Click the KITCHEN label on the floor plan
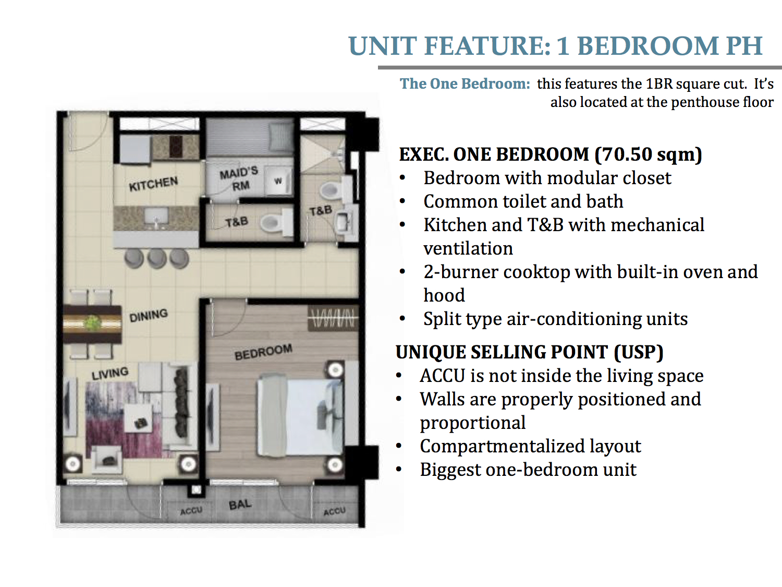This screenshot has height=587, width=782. pyautogui.click(x=153, y=184)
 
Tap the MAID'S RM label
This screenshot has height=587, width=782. pyautogui.click(x=239, y=179)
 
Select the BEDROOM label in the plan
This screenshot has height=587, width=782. pyautogui.click(x=263, y=352)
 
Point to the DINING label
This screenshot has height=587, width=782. pyautogui.click(x=148, y=316)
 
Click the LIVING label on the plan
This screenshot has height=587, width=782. pyautogui.click(x=109, y=374)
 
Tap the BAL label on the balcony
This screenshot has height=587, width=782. pyautogui.click(x=240, y=505)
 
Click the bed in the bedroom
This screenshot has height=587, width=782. pyautogui.click(x=300, y=415)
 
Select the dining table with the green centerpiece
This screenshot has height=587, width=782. pyautogui.click(x=93, y=324)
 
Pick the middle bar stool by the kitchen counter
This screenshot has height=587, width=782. pyautogui.click(x=157, y=258)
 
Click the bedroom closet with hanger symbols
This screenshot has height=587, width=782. pyautogui.click(x=333, y=318)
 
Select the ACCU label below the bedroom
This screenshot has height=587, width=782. pyautogui.click(x=335, y=512)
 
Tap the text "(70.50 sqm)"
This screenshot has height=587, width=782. pyautogui.click(x=649, y=154)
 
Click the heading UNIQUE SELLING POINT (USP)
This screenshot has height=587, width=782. pyautogui.click(x=529, y=352)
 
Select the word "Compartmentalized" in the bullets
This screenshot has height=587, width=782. pyautogui.click(x=502, y=447)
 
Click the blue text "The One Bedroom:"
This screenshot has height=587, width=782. pyautogui.click(x=465, y=84)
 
